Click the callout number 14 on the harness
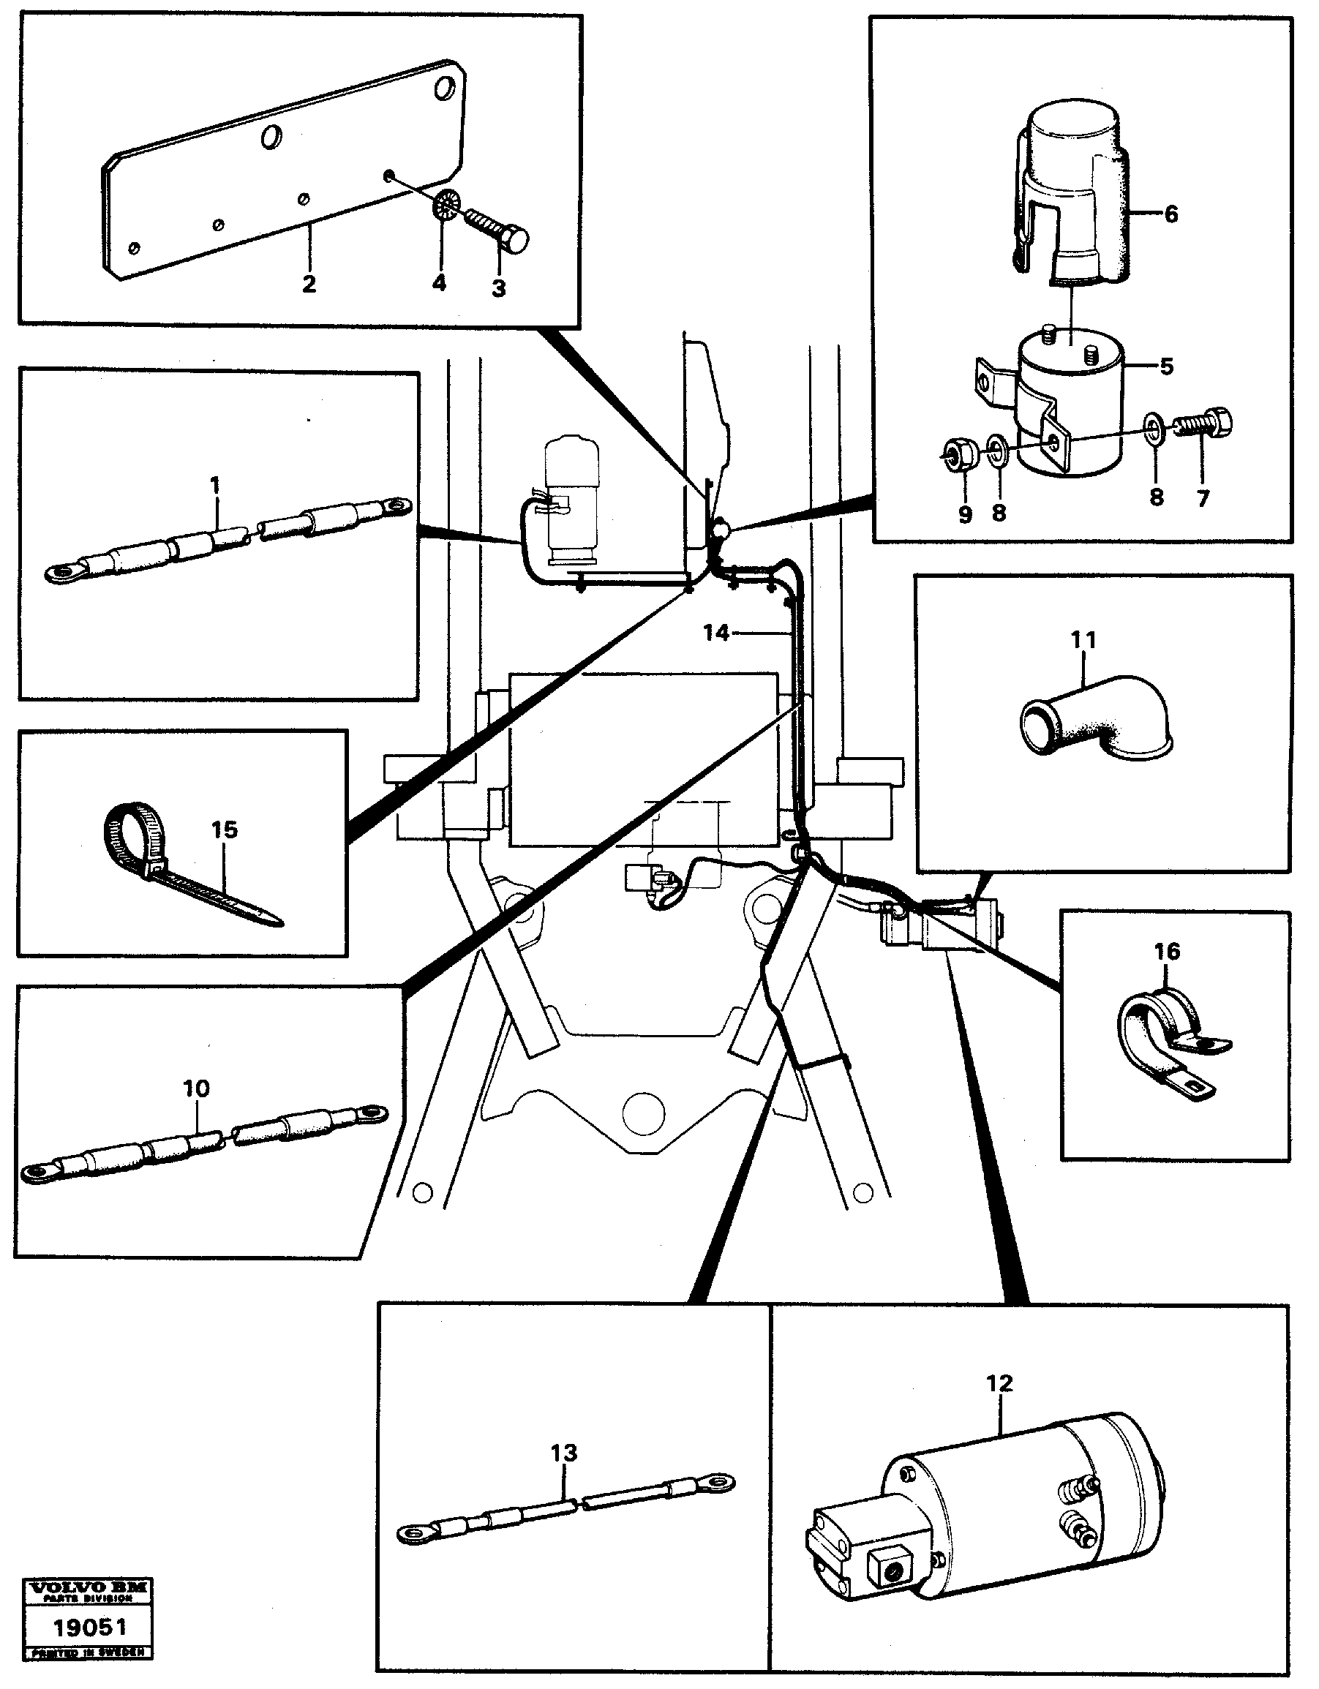pos(715,633)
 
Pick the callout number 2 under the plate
pos(309,284)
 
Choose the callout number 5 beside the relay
pos(1167,366)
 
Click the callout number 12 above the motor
pos(999,1383)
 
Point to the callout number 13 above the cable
pos(564,1453)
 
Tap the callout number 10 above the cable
pos(196,1089)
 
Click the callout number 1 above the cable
pos(215,486)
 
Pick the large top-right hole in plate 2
pos(445,89)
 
